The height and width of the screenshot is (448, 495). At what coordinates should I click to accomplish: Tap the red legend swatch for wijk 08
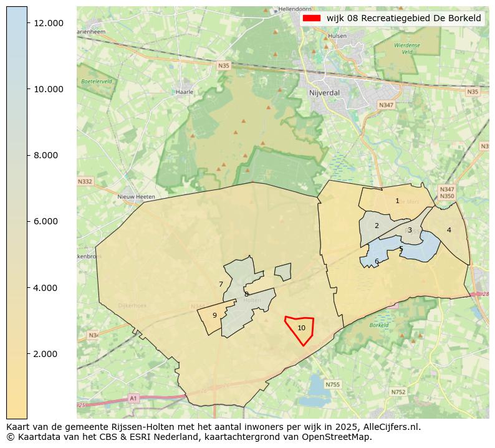(x=311, y=18)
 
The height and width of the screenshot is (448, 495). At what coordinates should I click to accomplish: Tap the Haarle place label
(x=185, y=92)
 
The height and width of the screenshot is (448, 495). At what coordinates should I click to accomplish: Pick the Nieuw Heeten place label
(x=136, y=196)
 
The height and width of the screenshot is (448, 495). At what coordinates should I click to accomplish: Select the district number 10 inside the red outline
(x=301, y=328)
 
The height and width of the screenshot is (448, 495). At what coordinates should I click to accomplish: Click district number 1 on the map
(x=397, y=201)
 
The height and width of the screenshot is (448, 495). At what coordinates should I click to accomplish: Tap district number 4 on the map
(x=449, y=230)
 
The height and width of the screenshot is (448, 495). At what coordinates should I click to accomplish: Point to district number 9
(x=214, y=315)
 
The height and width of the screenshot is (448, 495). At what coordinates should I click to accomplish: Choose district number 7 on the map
(x=221, y=284)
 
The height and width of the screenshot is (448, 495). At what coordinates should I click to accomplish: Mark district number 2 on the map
(x=377, y=226)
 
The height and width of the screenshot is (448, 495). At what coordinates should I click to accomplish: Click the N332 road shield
(x=85, y=181)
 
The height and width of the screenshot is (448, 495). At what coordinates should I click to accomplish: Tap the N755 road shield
(x=333, y=384)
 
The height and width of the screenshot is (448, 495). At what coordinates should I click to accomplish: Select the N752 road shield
(x=398, y=392)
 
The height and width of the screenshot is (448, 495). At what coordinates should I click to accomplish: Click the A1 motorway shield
(x=133, y=398)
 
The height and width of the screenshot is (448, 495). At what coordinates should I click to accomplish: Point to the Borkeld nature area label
(x=379, y=325)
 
